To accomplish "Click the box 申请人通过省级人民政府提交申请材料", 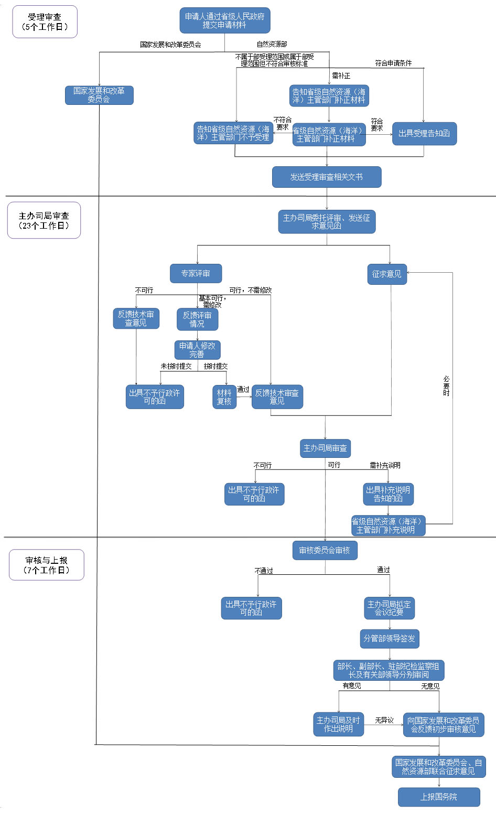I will click(224, 20).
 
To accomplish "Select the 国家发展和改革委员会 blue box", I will click(99, 95).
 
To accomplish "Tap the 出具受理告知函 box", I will click(424, 134).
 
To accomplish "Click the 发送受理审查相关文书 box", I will click(326, 177).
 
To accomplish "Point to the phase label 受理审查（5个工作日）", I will click(45, 22).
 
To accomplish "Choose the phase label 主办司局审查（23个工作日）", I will click(44, 220).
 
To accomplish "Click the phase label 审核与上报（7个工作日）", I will click(47, 565).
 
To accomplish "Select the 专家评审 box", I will click(196, 273).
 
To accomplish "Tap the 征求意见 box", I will click(387, 274).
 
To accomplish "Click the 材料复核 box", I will click(224, 397).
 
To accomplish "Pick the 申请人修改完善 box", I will click(197, 350).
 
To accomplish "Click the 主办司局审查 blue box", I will click(325, 448).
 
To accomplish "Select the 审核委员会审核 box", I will click(325, 550).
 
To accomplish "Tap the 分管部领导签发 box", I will click(389, 638).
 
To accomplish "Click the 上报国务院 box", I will click(439, 797).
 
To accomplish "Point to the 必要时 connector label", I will click(446, 386).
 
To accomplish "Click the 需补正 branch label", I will click(341, 76).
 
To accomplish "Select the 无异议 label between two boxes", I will click(384, 721).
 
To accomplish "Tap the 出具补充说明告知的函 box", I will click(388, 494).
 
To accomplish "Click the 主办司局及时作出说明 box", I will click(338, 724).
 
